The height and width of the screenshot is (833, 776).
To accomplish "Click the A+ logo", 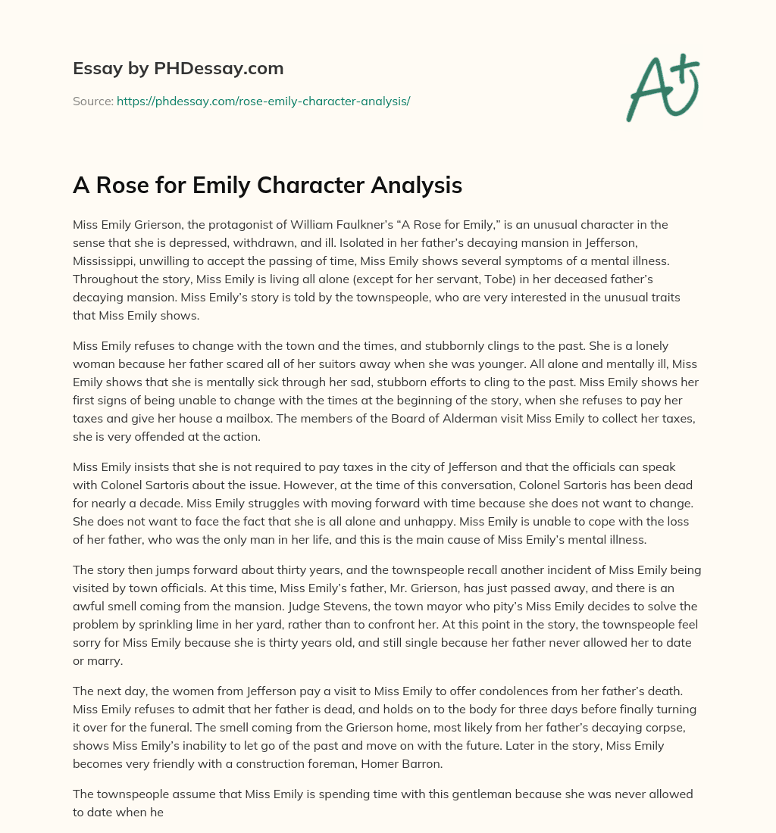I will pos(662,88).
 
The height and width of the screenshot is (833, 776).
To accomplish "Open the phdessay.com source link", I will pos(263,101).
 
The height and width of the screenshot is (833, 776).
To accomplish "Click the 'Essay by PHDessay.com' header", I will pos(178,69).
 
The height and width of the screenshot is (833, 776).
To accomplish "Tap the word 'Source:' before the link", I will pos(93,101).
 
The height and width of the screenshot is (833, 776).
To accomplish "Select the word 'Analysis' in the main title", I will pos(415,185).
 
